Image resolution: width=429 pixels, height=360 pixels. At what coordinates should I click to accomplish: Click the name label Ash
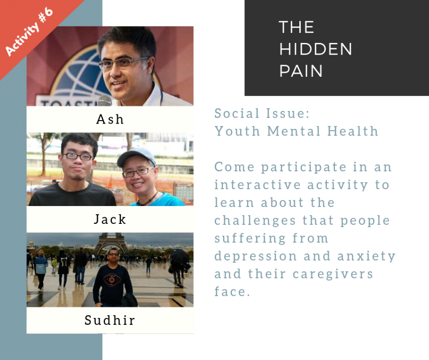pos(110,120)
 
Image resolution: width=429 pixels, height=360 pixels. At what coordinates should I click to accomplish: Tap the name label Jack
pos(110,219)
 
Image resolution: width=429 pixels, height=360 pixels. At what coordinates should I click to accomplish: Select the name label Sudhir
pos(110,320)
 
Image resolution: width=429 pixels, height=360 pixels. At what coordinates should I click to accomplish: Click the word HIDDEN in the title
pos(315,49)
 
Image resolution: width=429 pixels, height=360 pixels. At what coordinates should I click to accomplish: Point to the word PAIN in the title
pos(301,71)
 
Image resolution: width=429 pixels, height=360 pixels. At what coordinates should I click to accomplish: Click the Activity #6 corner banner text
pos(29,31)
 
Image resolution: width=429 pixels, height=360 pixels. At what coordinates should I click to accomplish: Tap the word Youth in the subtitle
pos(237,131)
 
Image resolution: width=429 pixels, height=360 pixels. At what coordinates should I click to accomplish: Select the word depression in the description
pos(255,256)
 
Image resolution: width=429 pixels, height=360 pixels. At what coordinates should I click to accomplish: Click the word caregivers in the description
pos(333,274)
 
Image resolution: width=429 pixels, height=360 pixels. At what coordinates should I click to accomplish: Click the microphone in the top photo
pos(105,100)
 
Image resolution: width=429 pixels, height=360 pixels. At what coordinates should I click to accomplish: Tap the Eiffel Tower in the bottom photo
pos(111,243)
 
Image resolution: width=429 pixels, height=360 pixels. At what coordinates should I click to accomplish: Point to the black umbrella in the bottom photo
pos(179,256)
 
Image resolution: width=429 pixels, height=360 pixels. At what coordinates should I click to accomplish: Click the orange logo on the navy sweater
pos(112,280)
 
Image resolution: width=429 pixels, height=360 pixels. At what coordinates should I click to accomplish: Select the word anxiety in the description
pos(366,256)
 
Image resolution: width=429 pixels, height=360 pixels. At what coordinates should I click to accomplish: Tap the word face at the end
pos(232,291)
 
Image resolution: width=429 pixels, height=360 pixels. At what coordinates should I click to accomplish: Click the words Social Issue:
pos(262,113)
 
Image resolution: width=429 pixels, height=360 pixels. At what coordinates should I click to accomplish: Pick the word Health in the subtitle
pos(353,131)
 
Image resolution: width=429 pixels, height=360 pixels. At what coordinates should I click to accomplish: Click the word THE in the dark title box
pos(296,27)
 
